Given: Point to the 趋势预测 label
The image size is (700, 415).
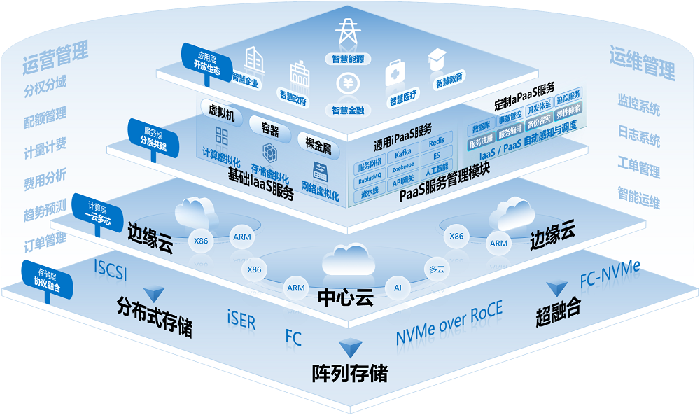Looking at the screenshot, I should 45,208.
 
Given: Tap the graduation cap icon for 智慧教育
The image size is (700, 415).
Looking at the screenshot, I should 438,59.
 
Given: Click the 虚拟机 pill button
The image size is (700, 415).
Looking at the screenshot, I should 222,112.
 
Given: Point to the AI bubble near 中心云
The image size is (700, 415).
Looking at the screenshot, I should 398,287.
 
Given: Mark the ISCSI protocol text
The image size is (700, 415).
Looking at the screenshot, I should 111,269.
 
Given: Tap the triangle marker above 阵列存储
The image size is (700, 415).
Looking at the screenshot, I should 349,348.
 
